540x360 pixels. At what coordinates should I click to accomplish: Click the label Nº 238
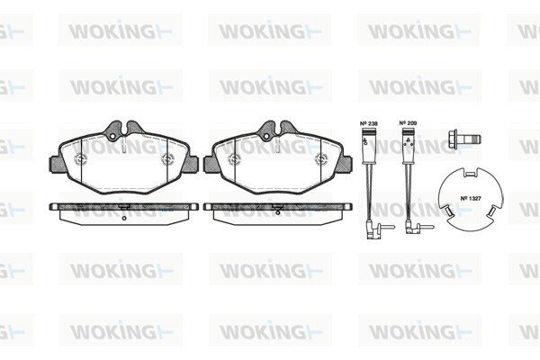click(368, 123)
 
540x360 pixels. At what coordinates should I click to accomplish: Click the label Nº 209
click(408, 123)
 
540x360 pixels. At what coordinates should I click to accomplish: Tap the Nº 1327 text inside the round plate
click(471, 198)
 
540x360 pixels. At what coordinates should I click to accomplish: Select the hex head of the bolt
click(454, 139)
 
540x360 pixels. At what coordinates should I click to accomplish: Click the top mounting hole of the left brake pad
click(113, 137)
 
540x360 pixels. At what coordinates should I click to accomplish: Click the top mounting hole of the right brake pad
click(266, 137)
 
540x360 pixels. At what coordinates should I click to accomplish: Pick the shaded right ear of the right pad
click(345, 164)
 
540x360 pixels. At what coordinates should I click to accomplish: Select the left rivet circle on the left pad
click(81, 158)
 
